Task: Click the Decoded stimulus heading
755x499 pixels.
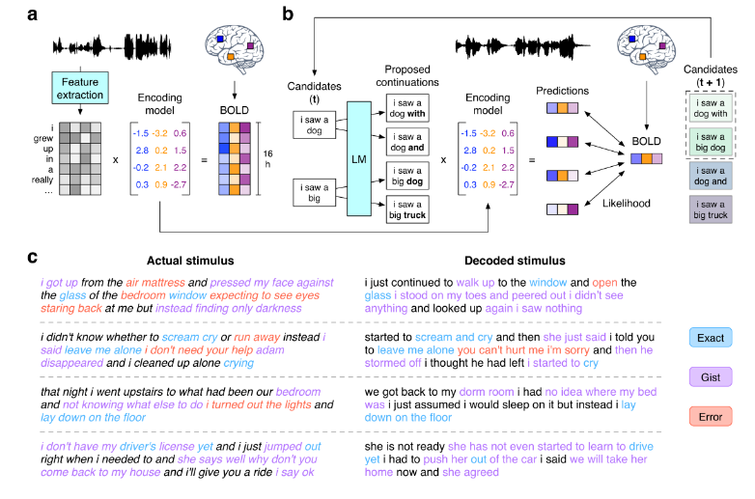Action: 489,261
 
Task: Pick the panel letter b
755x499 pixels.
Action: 287,14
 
